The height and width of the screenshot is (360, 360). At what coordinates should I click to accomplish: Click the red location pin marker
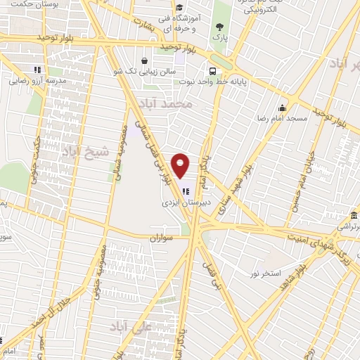pyautogui.click(x=181, y=166)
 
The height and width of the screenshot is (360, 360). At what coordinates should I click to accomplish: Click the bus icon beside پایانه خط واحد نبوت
pyautogui.click(x=212, y=70)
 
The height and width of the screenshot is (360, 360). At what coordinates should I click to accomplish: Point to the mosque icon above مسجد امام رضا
pyautogui.click(x=283, y=108)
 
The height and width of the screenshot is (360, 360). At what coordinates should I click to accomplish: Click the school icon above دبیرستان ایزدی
pyautogui.click(x=186, y=190)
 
